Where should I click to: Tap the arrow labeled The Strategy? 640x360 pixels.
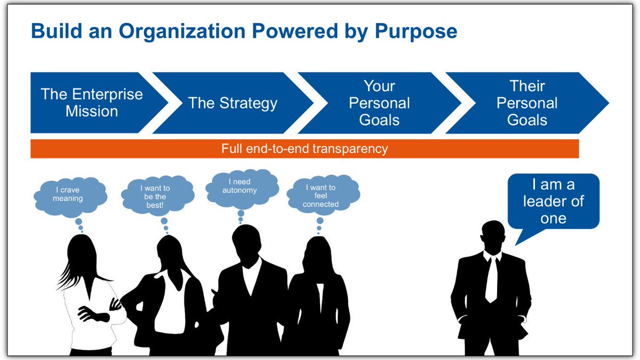(233, 103)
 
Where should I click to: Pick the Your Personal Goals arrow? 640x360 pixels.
(379, 103)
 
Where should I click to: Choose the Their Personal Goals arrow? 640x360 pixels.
(527, 103)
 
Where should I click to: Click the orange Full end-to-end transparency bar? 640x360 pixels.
(305, 149)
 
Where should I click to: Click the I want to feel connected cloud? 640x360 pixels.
(321, 196)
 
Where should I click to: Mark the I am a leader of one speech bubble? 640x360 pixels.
(553, 202)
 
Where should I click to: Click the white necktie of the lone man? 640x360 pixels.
(491, 280)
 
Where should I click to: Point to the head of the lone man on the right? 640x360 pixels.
(492, 236)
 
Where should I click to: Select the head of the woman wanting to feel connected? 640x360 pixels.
(319, 253)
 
